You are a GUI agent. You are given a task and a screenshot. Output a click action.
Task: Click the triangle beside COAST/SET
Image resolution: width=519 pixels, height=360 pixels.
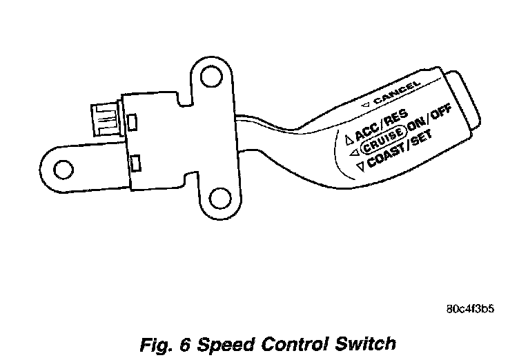point(358,166)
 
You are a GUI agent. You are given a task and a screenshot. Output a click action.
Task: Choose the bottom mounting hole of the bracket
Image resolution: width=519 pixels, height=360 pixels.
point(219,199)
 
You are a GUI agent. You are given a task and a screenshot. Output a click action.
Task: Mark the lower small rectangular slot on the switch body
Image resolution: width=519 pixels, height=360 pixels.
point(136,163)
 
